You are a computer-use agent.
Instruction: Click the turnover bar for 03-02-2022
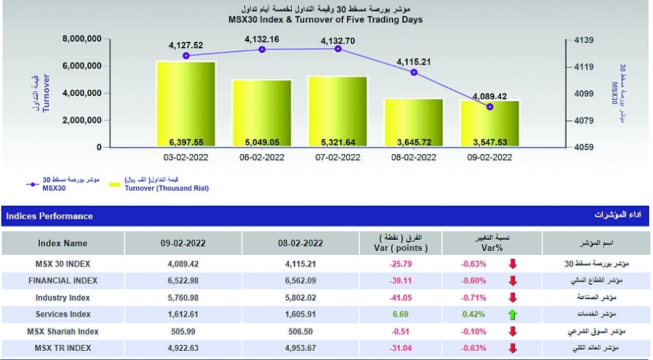point(186,105)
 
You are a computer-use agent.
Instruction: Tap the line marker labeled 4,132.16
point(263,50)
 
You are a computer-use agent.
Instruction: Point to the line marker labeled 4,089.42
point(490,106)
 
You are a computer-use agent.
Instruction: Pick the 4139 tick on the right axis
point(583,40)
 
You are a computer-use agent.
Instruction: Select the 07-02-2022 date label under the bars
point(338,157)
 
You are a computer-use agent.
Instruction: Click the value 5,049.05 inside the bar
point(263,142)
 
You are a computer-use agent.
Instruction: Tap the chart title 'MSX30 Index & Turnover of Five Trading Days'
point(325,20)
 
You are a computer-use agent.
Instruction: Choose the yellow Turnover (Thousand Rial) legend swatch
point(114,186)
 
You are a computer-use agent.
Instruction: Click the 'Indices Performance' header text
point(50,216)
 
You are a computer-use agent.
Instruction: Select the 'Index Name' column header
point(63,243)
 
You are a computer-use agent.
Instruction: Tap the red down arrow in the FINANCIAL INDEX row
point(513,281)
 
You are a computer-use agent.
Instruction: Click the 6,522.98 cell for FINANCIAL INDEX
point(183,280)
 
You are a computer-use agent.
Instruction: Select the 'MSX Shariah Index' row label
point(63,331)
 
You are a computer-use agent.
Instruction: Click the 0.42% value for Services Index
point(474,314)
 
